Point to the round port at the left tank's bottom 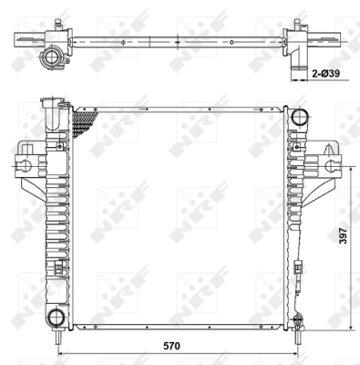click(x=56, y=317)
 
